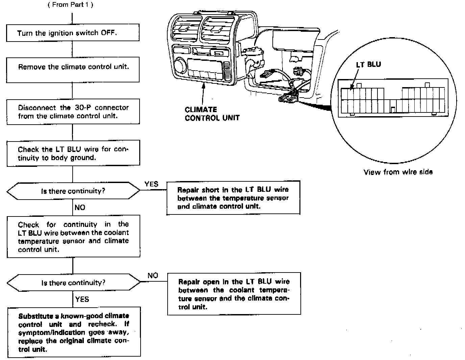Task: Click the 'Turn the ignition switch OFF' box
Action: point(73,33)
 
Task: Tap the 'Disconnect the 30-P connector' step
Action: point(73,111)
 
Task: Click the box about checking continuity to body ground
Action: point(73,153)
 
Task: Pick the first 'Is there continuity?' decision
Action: point(73,191)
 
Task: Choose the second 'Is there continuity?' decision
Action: point(73,283)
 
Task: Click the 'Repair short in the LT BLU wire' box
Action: point(233,198)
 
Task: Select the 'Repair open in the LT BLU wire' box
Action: point(234,294)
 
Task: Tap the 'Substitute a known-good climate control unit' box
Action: point(74,332)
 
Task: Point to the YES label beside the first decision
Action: point(151,184)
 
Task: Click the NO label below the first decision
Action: point(80,207)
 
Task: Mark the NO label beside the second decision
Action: point(153,276)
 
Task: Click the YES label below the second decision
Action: point(82,299)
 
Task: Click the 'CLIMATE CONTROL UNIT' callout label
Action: point(212,114)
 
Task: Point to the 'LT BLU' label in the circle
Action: point(368,65)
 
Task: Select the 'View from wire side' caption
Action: point(398,172)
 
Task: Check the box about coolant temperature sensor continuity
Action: point(73,237)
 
